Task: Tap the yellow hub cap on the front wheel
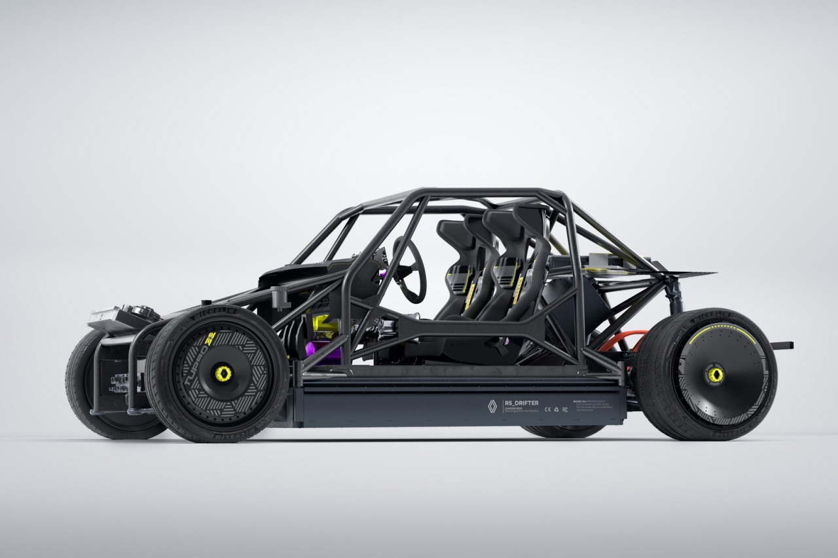tap(223, 373)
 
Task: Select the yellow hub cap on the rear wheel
tap(714, 374)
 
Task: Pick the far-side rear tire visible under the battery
tap(563, 432)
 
